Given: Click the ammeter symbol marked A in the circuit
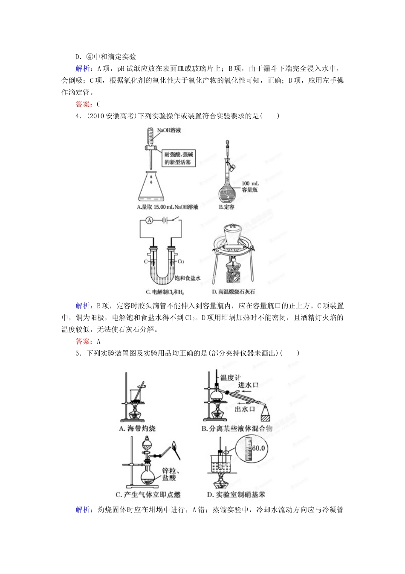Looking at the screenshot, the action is click(x=149, y=220).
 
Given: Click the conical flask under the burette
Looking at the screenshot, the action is click(x=151, y=188).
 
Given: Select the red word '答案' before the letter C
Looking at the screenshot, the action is click(x=82, y=104).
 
